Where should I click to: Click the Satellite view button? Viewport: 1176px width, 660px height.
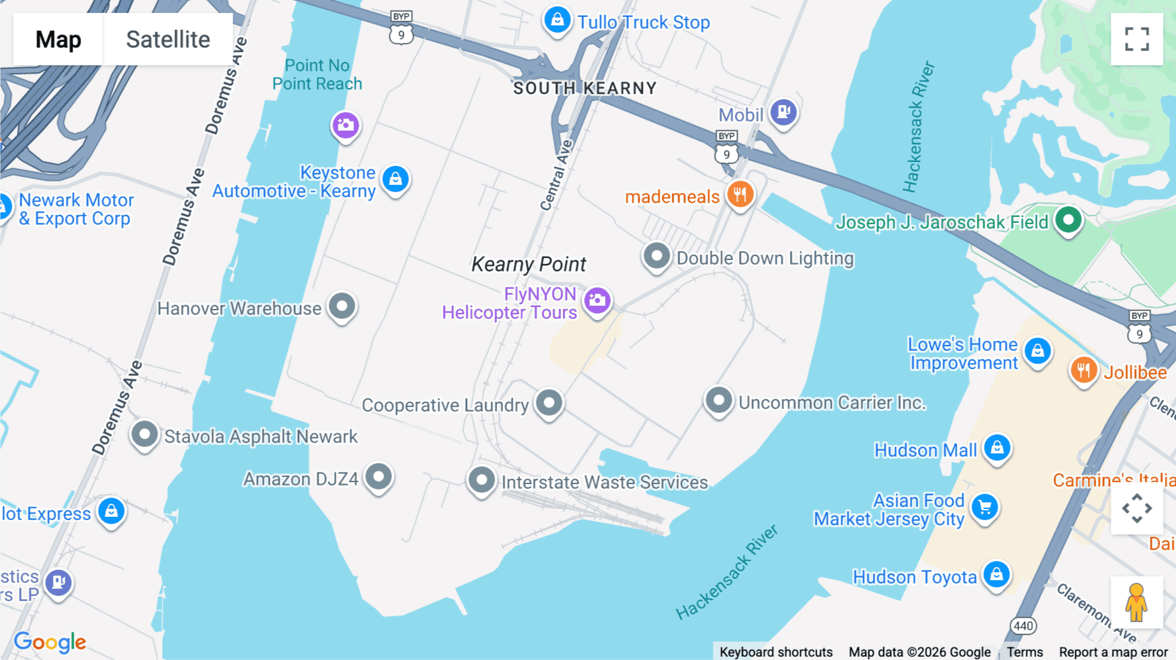point(168,39)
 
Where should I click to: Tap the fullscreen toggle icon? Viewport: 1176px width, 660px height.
point(1137,39)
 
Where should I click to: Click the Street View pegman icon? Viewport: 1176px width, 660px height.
point(1137,602)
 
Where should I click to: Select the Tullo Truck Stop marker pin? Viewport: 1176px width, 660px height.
point(557,20)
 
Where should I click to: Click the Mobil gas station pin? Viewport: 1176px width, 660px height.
point(783,112)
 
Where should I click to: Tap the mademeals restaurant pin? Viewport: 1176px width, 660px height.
point(740,194)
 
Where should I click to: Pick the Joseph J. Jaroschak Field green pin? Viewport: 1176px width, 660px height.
point(1068,220)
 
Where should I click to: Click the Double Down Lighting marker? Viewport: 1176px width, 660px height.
point(657,256)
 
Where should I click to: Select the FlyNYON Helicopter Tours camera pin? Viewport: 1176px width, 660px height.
point(597,301)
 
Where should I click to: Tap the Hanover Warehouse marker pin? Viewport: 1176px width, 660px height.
point(342,306)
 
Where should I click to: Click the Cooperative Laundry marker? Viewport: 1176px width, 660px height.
point(549,403)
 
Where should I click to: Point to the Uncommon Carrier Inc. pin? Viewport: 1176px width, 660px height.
point(719,400)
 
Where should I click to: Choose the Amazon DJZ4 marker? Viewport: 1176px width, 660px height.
point(378,477)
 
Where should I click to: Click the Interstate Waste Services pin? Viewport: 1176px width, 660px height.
point(482,480)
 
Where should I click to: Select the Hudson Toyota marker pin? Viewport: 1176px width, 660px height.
point(996,574)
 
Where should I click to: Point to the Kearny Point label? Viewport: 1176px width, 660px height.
point(529,264)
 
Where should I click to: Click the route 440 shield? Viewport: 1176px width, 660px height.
point(1023,626)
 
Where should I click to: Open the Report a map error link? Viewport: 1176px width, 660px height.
point(1113,652)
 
